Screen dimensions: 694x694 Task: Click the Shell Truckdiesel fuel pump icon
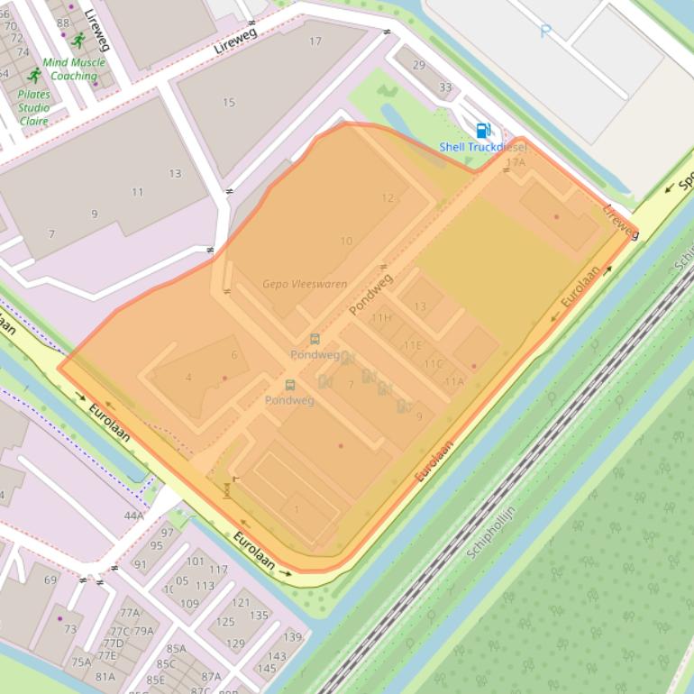click(483, 131)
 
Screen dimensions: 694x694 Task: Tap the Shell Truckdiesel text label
click(482, 147)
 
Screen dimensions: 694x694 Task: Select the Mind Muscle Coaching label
click(74, 69)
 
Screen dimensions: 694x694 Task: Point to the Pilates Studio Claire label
click(34, 107)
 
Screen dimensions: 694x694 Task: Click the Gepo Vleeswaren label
click(305, 284)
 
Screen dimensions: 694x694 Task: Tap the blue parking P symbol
click(544, 32)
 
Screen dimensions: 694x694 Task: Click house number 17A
click(516, 163)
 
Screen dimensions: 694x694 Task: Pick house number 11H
click(381, 318)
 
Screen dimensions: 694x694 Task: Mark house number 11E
click(413, 345)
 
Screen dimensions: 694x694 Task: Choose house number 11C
click(434, 364)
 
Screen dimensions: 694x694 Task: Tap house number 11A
click(453, 382)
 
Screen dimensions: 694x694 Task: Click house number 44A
click(134, 516)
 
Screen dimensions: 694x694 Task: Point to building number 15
click(229, 103)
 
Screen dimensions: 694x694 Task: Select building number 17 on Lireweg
click(315, 41)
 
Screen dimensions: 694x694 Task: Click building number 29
click(419, 65)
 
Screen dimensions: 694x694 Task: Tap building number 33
click(445, 87)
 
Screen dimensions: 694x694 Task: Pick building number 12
click(388, 198)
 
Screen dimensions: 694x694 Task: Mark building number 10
click(346, 242)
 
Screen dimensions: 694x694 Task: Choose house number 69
click(50, 580)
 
